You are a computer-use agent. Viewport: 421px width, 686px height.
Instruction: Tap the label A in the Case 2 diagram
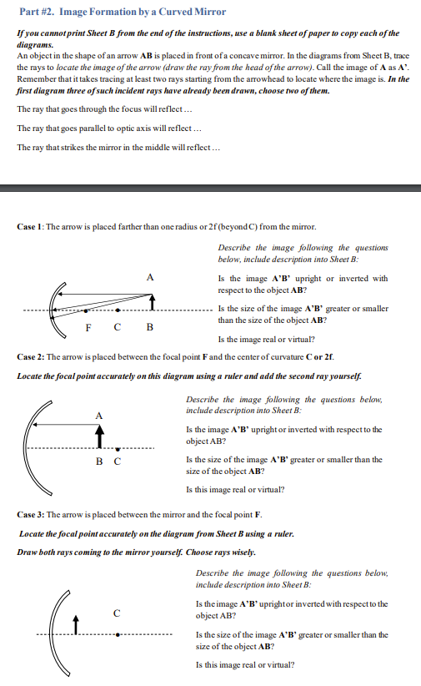98,415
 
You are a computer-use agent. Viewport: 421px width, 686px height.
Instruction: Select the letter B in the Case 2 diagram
99,462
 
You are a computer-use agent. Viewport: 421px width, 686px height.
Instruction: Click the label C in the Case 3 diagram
117,613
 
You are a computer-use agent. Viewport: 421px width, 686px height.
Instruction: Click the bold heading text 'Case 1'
31,227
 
